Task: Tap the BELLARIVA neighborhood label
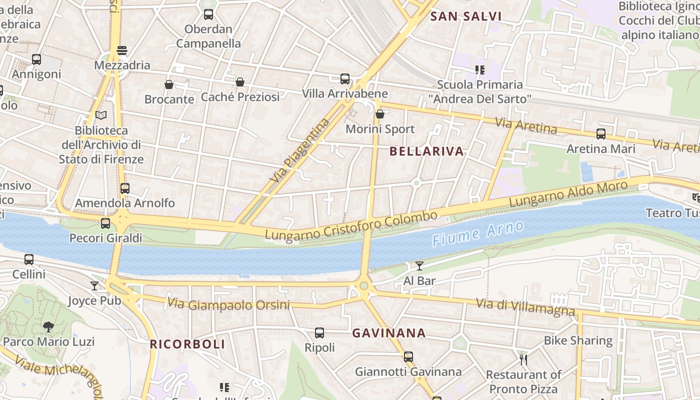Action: (x=426, y=151)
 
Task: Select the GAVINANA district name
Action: (x=389, y=333)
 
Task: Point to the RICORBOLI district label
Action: (x=187, y=344)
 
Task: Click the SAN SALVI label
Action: (x=466, y=16)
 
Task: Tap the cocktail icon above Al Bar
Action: (x=419, y=266)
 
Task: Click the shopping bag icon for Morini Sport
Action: (x=380, y=114)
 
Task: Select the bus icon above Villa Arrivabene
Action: (x=345, y=79)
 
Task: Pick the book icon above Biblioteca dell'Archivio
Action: (x=101, y=115)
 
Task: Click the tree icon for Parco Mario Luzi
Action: (x=48, y=327)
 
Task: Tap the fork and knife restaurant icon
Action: (x=523, y=359)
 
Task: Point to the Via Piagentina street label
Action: (x=300, y=150)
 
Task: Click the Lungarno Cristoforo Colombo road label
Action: (x=351, y=225)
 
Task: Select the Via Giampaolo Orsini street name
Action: (x=228, y=304)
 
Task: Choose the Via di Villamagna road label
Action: (x=525, y=307)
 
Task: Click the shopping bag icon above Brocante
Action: (x=169, y=84)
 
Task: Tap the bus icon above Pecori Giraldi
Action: (x=105, y=223)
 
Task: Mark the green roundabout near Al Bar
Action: (x=364, y=286)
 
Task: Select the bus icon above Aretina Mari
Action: (x=601, y=134)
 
